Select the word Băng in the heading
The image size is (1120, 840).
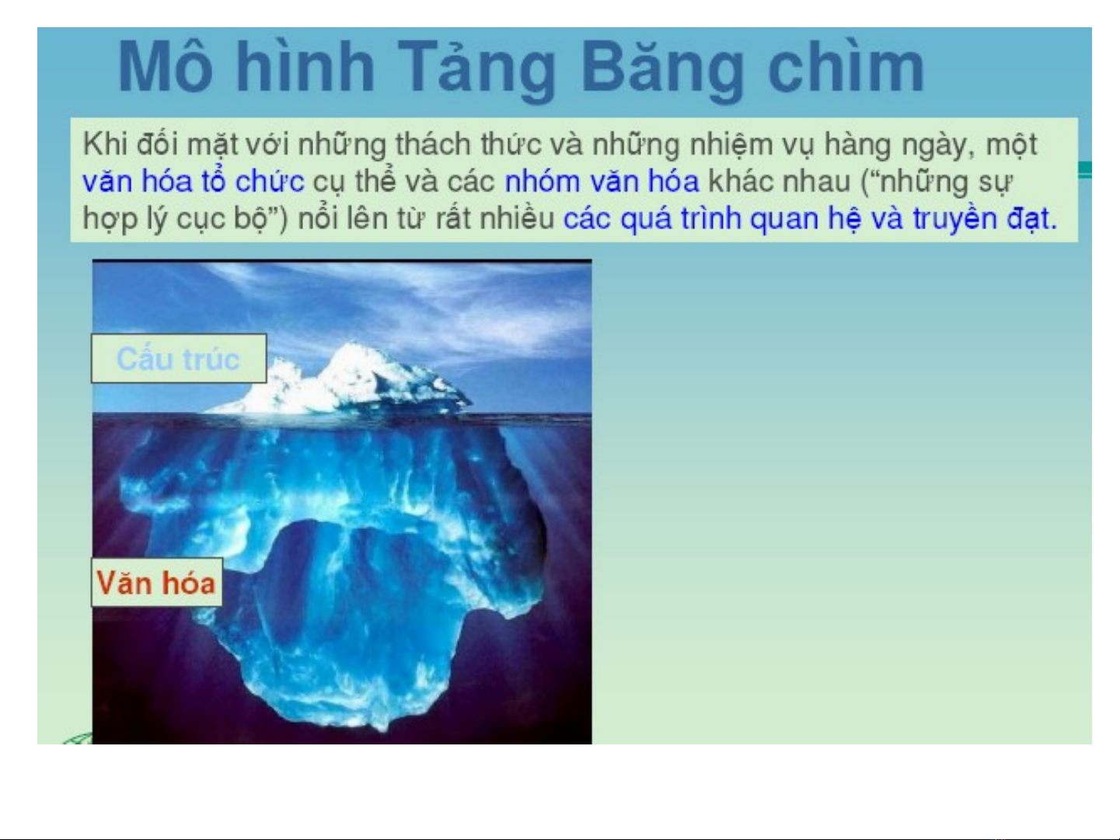click(x=662, y=68)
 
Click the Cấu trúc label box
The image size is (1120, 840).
click(x=179, y=358)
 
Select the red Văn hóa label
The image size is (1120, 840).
click(x=156, y=583)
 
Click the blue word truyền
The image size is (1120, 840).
click(x=954, y=219)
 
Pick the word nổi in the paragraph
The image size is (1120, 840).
click(x=317, y=218)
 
